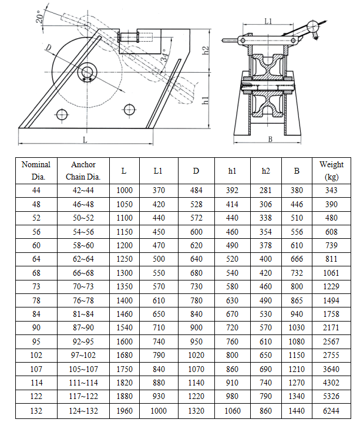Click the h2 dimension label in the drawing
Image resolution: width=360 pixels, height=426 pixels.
(x=206, y=51)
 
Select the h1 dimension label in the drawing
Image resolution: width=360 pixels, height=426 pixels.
(x=206, y=100)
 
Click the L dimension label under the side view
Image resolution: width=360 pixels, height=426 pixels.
(x=85, y=140)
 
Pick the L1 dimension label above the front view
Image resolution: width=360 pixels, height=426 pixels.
(x=268, y=21)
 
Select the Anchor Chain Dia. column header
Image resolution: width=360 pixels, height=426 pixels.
(x=83, y=171)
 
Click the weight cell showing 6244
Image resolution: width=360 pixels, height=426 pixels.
(x=332, y=411)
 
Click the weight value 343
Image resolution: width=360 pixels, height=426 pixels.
(x=332, y=190)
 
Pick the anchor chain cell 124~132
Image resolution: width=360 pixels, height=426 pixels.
(x=83, y=411)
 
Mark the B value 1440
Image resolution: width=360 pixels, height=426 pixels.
(x=297, y=411)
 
